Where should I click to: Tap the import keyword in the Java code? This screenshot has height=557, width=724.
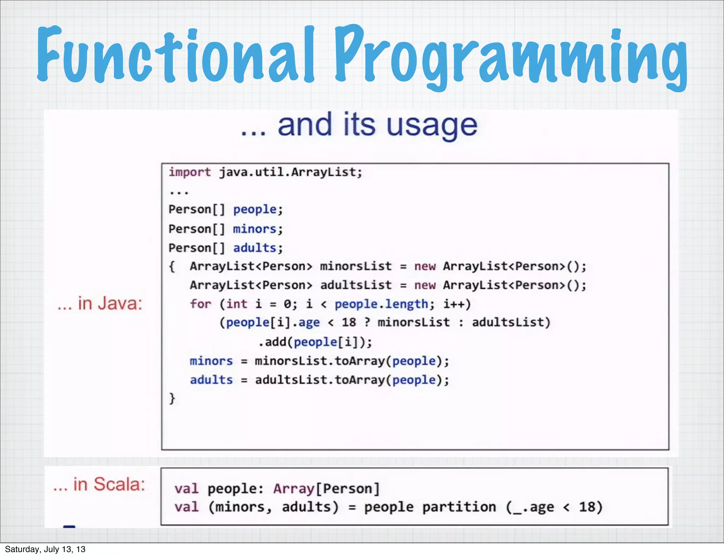coord(189,172)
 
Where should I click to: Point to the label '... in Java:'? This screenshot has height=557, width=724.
coord(100,304)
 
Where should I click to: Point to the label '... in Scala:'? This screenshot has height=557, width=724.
coord(99,485)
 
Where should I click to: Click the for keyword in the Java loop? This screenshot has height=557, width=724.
coord(200,304)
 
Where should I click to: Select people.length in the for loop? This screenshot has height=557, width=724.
coord(381,304)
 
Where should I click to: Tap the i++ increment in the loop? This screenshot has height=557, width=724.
coord(457,304)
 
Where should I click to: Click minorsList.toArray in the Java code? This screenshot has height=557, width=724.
coord(319,361)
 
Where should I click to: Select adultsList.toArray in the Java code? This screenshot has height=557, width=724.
coord(319,380)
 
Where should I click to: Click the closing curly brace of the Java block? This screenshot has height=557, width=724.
coord(172,398)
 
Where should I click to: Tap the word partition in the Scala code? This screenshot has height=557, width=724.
coord(459,507)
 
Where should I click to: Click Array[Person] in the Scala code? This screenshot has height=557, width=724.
coord(326,489)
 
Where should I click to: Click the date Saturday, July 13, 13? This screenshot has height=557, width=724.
coord(45,549)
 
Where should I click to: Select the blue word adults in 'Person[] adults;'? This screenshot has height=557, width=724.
coord(255,248)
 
